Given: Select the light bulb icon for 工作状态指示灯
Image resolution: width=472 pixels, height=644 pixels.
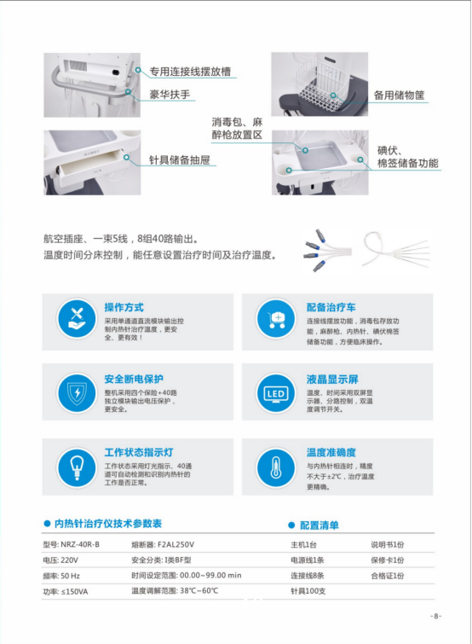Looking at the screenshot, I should pos(76,467).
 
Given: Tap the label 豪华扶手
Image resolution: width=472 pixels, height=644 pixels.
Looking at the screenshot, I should pos(170,90).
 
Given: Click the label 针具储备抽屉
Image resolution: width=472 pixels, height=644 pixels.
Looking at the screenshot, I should pos(178,160).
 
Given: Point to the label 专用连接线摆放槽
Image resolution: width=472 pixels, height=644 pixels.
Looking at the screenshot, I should pos(190,72).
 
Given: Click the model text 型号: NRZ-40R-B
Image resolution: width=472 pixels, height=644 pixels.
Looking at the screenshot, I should pos(72,544).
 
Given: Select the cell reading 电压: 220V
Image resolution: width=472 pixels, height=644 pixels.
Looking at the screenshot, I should pos(60,560).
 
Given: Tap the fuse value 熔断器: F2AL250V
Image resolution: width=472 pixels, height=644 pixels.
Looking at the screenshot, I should pos(164,544).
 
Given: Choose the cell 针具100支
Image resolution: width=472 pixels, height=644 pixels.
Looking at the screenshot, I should pos(308,590).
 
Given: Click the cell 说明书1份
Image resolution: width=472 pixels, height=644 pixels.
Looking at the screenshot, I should pos(387,544).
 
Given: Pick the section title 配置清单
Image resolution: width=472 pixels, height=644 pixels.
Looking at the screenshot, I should pos(319,525).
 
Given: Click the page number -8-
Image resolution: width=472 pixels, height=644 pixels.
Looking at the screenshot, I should pos(435,616).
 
